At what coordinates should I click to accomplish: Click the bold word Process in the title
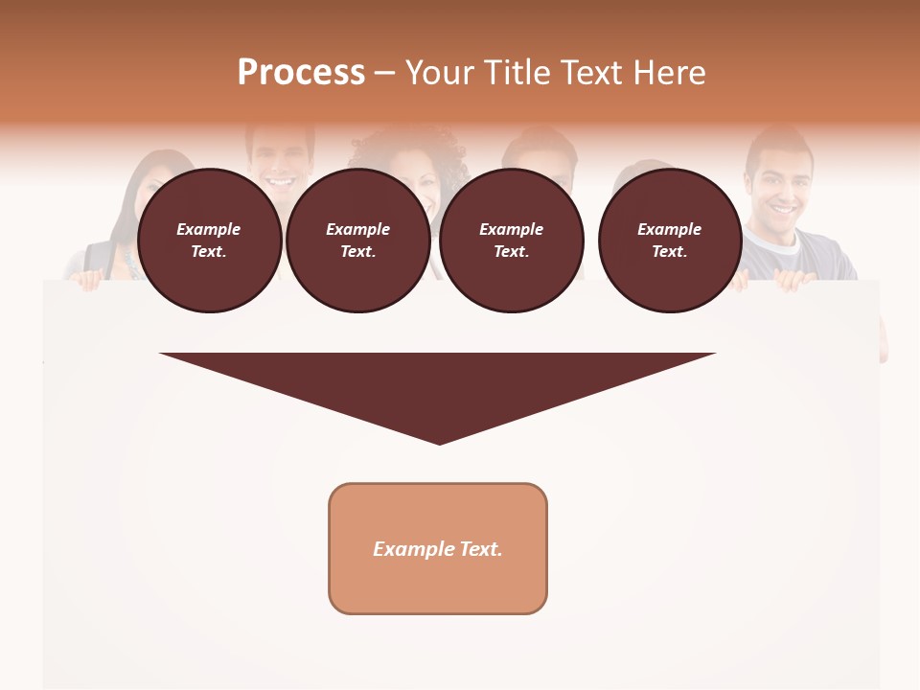click(301, 73)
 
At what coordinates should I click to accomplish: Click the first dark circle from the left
click(210, 241)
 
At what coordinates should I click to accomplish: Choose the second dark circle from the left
click(358, 241)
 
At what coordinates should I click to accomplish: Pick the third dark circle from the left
click(511, 241)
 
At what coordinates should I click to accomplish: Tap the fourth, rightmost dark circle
click(670, 241)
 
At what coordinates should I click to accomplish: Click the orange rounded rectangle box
click(438, 548)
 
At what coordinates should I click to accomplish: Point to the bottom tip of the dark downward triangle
click(439, 442)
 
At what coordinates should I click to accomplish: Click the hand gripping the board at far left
click(89, 279)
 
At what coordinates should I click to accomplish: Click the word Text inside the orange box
click(480, 549)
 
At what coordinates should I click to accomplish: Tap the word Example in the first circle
click(209, 229)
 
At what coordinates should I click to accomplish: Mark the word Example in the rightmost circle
click(669, 229)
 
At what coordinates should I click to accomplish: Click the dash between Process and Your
click(385, 73)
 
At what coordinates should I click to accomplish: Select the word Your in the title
click(440, 73)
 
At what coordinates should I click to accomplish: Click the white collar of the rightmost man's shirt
click(788, 240)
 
